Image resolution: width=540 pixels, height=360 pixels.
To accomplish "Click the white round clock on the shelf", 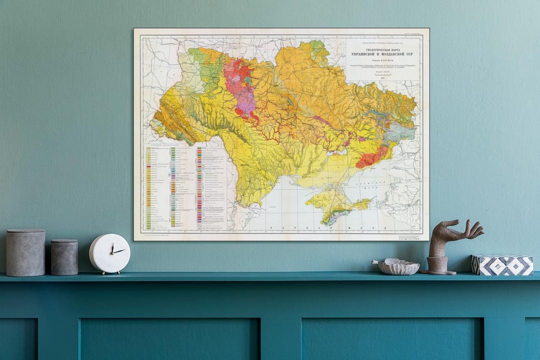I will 109,253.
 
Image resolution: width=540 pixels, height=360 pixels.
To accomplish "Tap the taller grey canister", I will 25,253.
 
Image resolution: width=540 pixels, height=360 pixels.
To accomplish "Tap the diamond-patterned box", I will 501,265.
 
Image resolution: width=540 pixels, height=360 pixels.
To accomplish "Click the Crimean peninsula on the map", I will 335,205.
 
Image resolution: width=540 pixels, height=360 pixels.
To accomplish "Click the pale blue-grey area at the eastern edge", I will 403,131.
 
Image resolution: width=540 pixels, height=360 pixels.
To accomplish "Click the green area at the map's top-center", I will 317,48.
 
